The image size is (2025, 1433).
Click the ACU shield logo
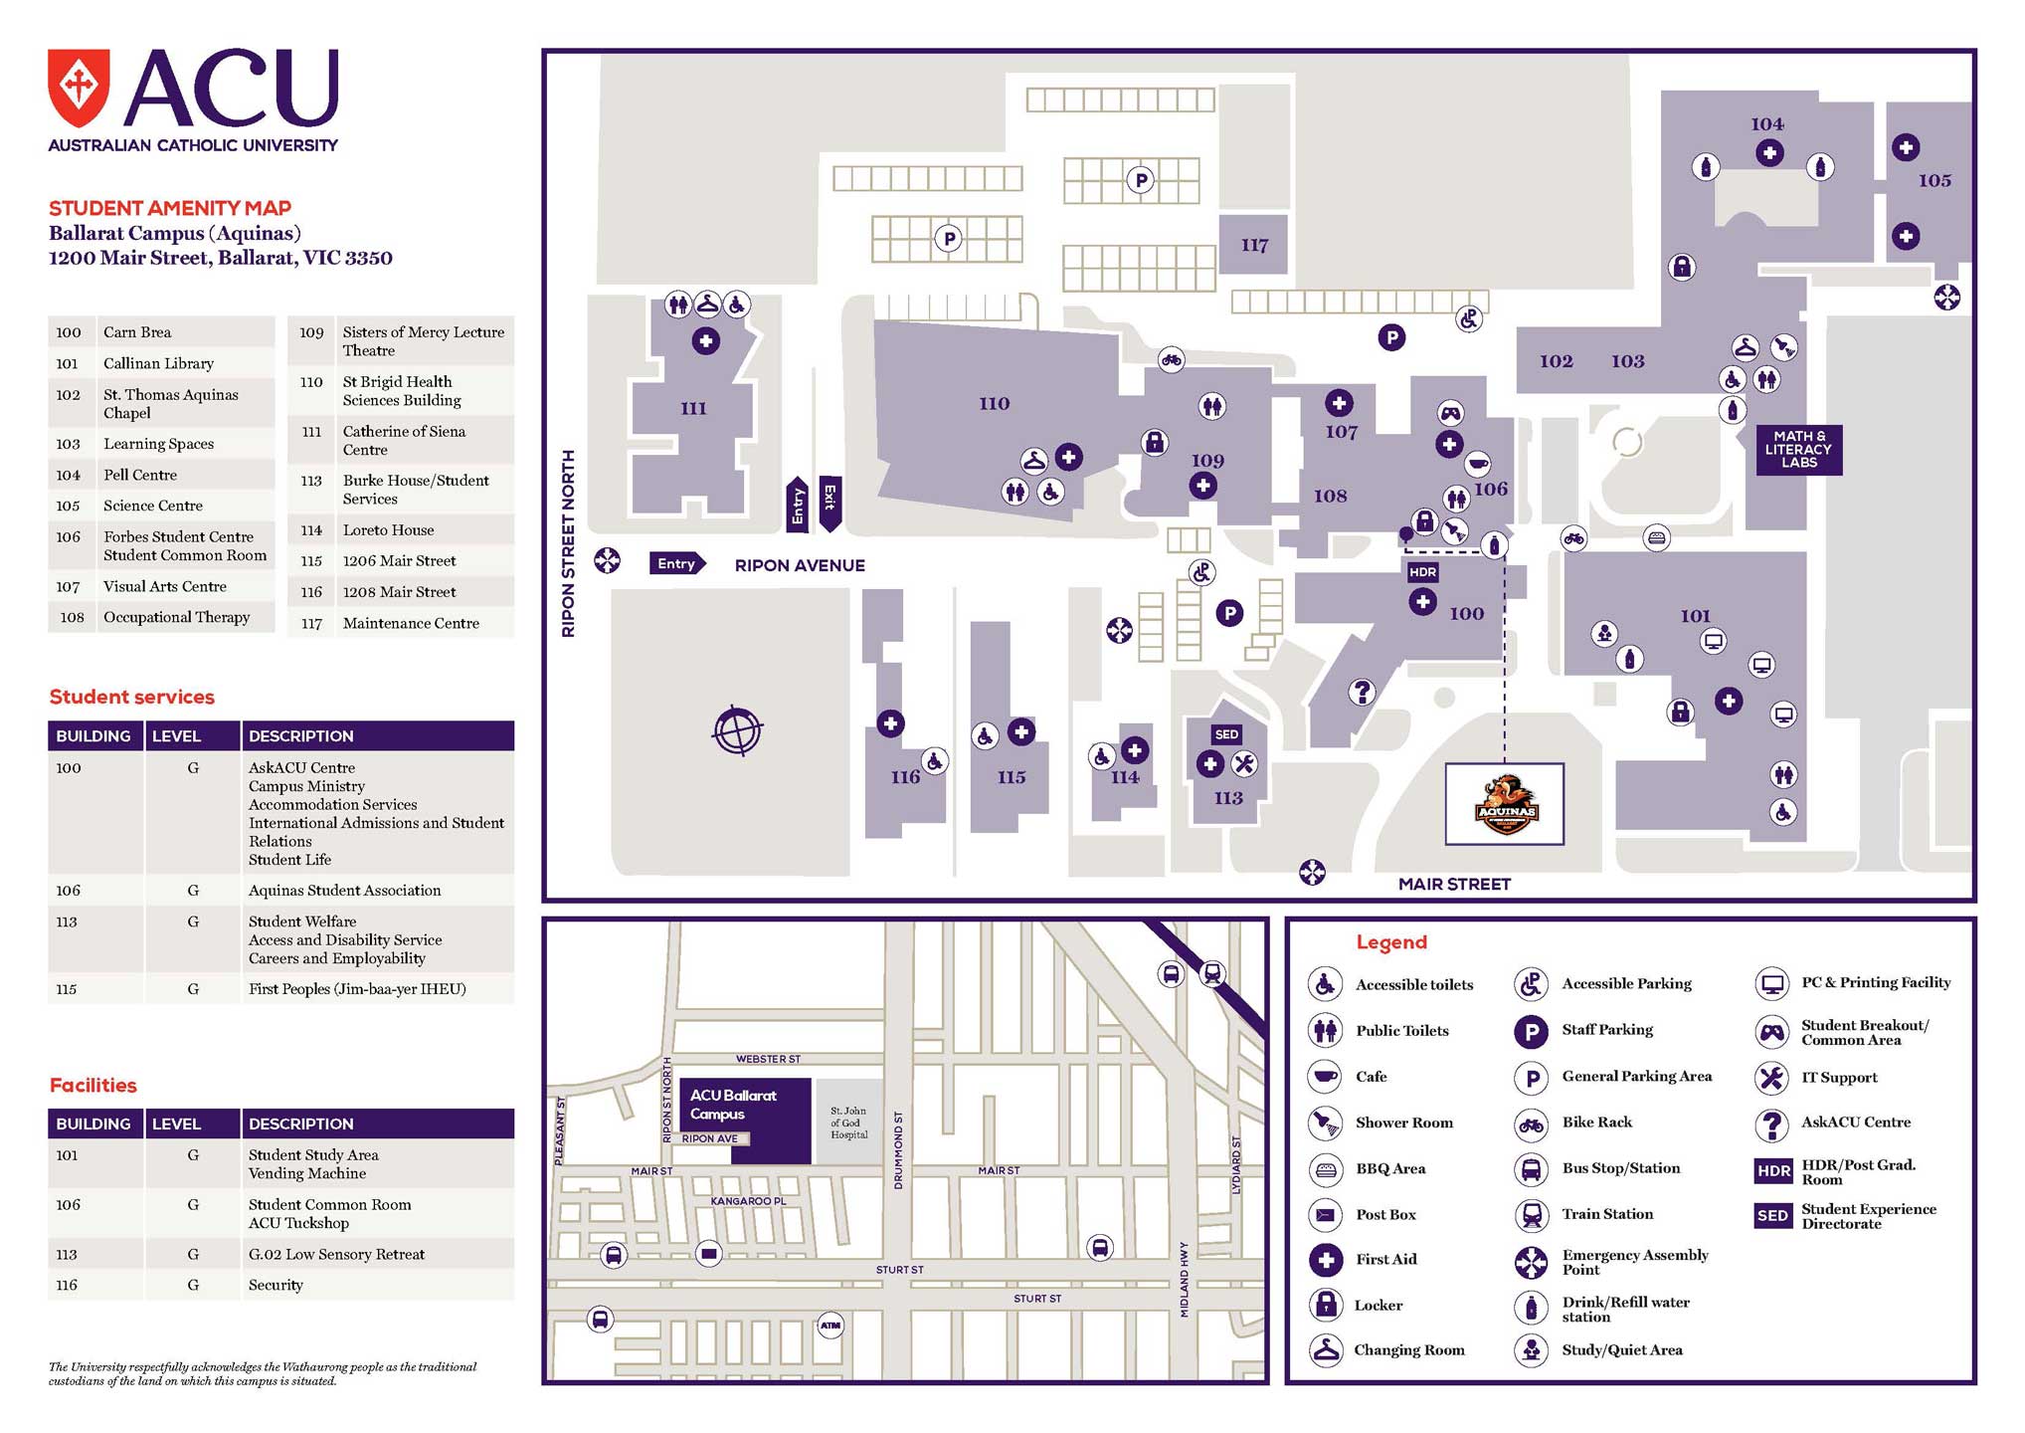tap(79, 89)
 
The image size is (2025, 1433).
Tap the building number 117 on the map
tap(1254, 245)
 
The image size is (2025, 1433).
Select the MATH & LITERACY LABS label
tap(1798, 450)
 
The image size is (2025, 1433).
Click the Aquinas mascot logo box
tap(1504, 804)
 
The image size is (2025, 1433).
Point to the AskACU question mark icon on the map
tap(1362, 692)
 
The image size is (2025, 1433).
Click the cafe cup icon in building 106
tap(1478, 465)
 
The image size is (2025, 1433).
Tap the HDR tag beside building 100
tap(1422, 572)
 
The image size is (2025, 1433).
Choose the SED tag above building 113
tap(1226, 734)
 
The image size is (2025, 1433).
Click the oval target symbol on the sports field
tap(737, 731)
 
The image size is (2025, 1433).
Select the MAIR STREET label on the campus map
tap(1454, 884)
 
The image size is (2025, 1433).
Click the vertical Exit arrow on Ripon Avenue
tap(829, 503)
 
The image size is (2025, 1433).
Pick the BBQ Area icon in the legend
tap(1325, 1169)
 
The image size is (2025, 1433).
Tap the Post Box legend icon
tap(1325, 1215)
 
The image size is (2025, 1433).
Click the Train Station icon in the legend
tap(1531, 1214)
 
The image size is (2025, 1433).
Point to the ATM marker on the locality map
tap(830, 1326)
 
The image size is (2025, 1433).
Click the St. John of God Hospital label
tap(848, 1123)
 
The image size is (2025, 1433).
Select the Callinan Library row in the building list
tap(159, 363)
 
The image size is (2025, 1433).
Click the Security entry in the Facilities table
tap(276, 1285)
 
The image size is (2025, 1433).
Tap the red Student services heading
tap(132, 697)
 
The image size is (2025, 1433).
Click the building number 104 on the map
tap(1767, 124)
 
